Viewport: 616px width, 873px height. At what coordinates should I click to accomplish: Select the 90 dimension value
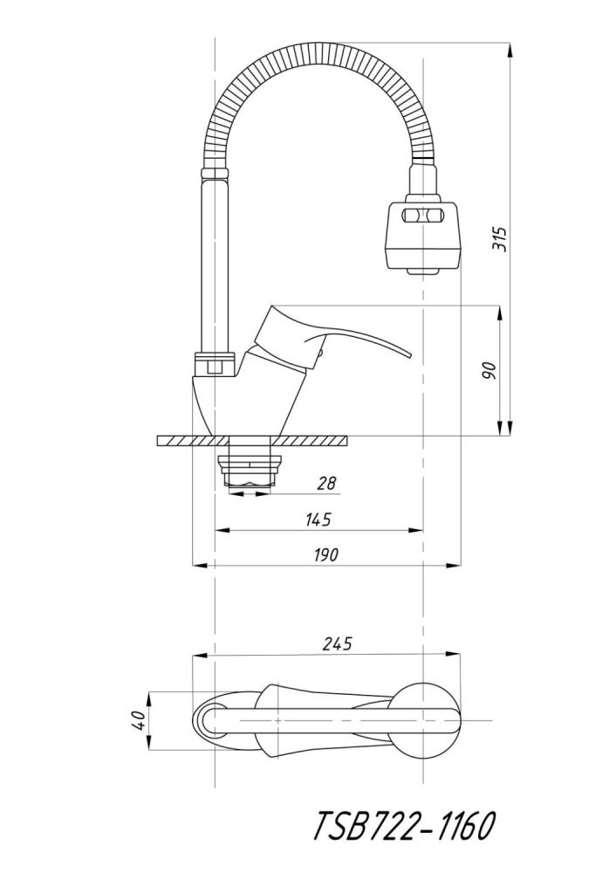pyautogui.click(x=489, y=369)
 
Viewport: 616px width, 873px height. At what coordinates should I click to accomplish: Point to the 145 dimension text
pyautogui.click(x=318, y=519)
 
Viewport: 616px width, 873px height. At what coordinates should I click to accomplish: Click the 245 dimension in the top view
pyautogui.click(x=337, y=645)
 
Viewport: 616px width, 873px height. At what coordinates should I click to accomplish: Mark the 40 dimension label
pyautogui.click(x=137, y=721)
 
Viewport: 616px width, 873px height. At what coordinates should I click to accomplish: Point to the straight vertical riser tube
pyautogui.click(x=214, y=262)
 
